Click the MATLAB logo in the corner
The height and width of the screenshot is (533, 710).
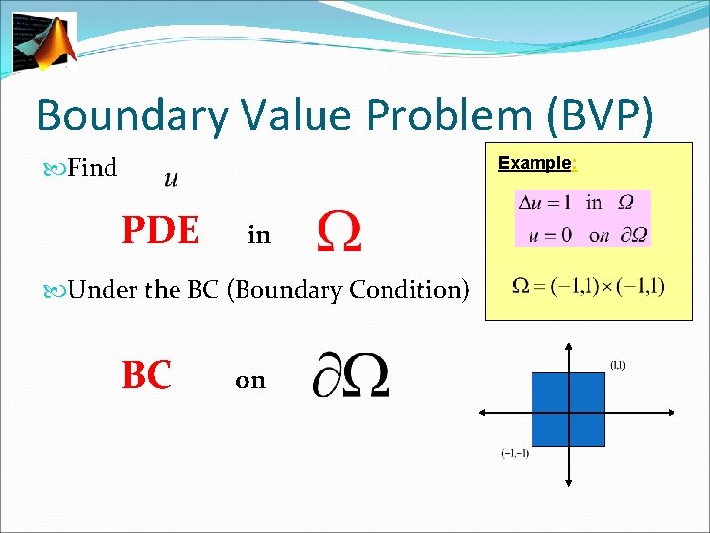[x=43, y=41]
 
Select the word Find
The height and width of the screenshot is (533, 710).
[x=93, y=169]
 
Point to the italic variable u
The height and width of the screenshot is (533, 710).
[x=170, y=178]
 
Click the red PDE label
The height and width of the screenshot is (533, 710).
[x=161, y=231]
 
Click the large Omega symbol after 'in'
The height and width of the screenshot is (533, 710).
[x=338, y=233]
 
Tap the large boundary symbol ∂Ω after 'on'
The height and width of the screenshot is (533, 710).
[x=349, y=377]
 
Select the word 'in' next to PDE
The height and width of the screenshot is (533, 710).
[x=259, y=235]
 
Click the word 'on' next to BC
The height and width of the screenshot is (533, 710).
[x=250, y=381]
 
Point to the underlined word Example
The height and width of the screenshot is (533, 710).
[x=533, y=162]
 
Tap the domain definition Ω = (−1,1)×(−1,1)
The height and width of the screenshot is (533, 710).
[x=589, y=287]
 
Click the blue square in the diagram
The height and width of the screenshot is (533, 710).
[x=568, y=410]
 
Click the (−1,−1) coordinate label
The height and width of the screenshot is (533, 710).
[x=514, y=454]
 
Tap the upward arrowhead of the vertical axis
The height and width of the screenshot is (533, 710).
[x=569, y=347]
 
